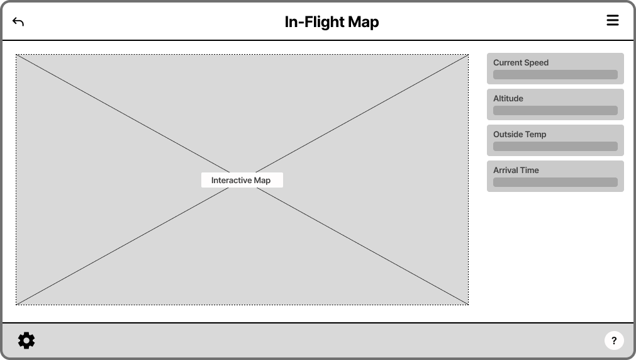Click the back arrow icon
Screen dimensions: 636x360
[18, 22]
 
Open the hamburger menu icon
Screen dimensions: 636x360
[613, 20]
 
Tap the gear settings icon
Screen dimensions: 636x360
[26, 340]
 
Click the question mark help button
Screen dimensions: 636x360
[614, 340]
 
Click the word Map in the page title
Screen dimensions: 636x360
[361, 22]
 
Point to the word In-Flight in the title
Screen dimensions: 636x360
[312, 22]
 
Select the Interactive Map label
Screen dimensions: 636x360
[242, 180]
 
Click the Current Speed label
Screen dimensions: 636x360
[521, 62]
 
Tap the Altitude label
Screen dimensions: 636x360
[508, 98]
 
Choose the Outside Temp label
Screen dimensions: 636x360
[520, 134]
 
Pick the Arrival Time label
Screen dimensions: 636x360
[516, 170]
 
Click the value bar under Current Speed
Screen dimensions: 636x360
[555, 75]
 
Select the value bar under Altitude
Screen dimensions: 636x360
[555, 111]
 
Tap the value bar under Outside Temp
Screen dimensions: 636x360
[555, 147]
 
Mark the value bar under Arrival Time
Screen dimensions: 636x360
[555, 183]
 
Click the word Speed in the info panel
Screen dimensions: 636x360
[536, 62]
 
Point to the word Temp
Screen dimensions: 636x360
[536, 134]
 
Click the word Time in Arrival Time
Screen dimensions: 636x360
[529, 170]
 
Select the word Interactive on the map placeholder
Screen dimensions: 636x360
[232, 180]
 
